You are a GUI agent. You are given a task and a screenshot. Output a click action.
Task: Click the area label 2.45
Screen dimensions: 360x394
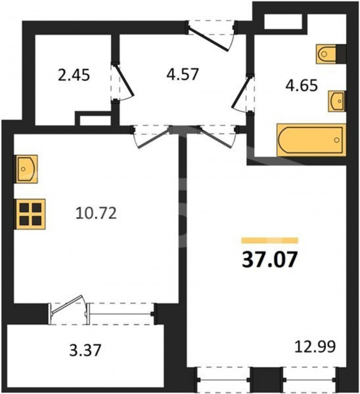pyautogui.click(x=73, y=75)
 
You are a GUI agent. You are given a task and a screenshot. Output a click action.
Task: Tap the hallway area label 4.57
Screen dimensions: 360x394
pyautogui.click(x=183, y=74)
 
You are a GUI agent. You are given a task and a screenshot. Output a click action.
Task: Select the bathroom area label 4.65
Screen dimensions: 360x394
pyautogui.click(x=302, y=86)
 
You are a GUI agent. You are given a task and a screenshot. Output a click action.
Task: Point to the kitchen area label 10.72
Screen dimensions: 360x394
pyautogui.click(x=96, y=213)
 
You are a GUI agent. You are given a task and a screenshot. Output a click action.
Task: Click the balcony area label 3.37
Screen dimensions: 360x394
pyautogui.click(x=85, y=350)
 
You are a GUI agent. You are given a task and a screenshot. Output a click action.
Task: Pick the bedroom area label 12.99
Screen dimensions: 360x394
pyautogui.click(x=315, y=347)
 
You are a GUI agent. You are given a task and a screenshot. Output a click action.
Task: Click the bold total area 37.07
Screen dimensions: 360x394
pyautogui.click(x=270, y=260)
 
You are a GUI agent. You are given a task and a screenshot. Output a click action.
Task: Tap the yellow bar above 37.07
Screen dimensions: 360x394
pyautogui.click(x=270, y=241)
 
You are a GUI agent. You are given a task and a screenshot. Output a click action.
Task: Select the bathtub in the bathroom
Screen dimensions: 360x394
pyautogui.click(x=311, y=140)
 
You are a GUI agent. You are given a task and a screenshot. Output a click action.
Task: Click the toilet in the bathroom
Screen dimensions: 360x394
pyautogui.click(x=326, y=54)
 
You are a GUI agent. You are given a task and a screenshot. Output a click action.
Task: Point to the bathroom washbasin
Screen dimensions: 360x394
pyautogui.click(x=337, y=101)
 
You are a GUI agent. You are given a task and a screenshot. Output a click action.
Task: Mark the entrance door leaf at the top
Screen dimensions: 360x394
pyautogui.click(x=209, y=39)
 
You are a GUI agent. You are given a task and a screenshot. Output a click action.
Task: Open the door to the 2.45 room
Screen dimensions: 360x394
pyautogui.click(x=124, y=80)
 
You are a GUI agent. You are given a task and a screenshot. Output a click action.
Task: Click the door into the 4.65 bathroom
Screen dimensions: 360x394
pyautogui.click(x=241, y=92)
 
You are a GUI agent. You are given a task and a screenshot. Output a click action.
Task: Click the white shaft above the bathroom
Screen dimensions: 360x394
pyautogui.click(x=284, y=22)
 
